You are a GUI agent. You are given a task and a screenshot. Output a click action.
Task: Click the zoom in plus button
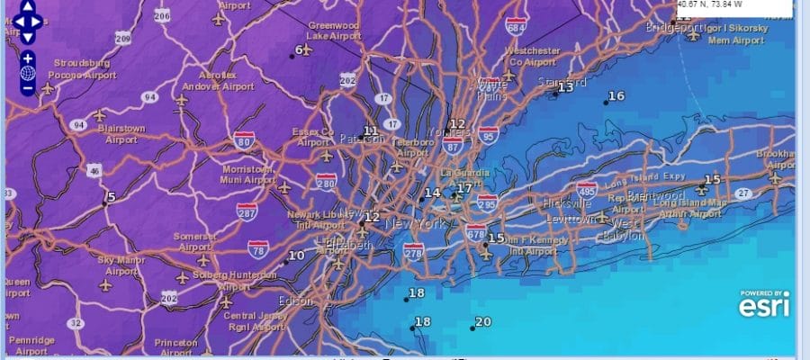(x=28, y=58)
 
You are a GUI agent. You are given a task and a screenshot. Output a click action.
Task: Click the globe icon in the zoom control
(x=28, y=73)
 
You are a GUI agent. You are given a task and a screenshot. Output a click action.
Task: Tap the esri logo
(x=765, y=306)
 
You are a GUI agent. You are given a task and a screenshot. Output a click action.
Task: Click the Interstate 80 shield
(x=244, y=139)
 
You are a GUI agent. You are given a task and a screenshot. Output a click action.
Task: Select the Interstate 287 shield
(x=247, y=212)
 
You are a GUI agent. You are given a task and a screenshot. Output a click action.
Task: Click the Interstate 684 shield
(x=516, y=29)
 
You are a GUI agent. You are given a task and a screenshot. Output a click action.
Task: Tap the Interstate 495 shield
(x=587, y=190)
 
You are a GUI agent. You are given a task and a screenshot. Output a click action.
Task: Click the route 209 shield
(x=123, y=39)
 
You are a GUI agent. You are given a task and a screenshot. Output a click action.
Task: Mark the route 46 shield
(x=94, y=170)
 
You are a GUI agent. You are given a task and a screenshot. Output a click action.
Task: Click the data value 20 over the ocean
(x=483, y=322)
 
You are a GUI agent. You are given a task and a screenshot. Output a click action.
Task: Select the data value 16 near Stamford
(x=616, y=96)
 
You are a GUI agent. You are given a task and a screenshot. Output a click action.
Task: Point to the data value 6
(x=300, y=49)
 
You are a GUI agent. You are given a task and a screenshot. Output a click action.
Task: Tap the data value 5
(x=112, y=197)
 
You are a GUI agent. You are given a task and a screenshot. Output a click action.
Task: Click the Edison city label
(x=296, y=301)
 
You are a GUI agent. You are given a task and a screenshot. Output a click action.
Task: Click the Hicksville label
(x=567, y=203)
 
